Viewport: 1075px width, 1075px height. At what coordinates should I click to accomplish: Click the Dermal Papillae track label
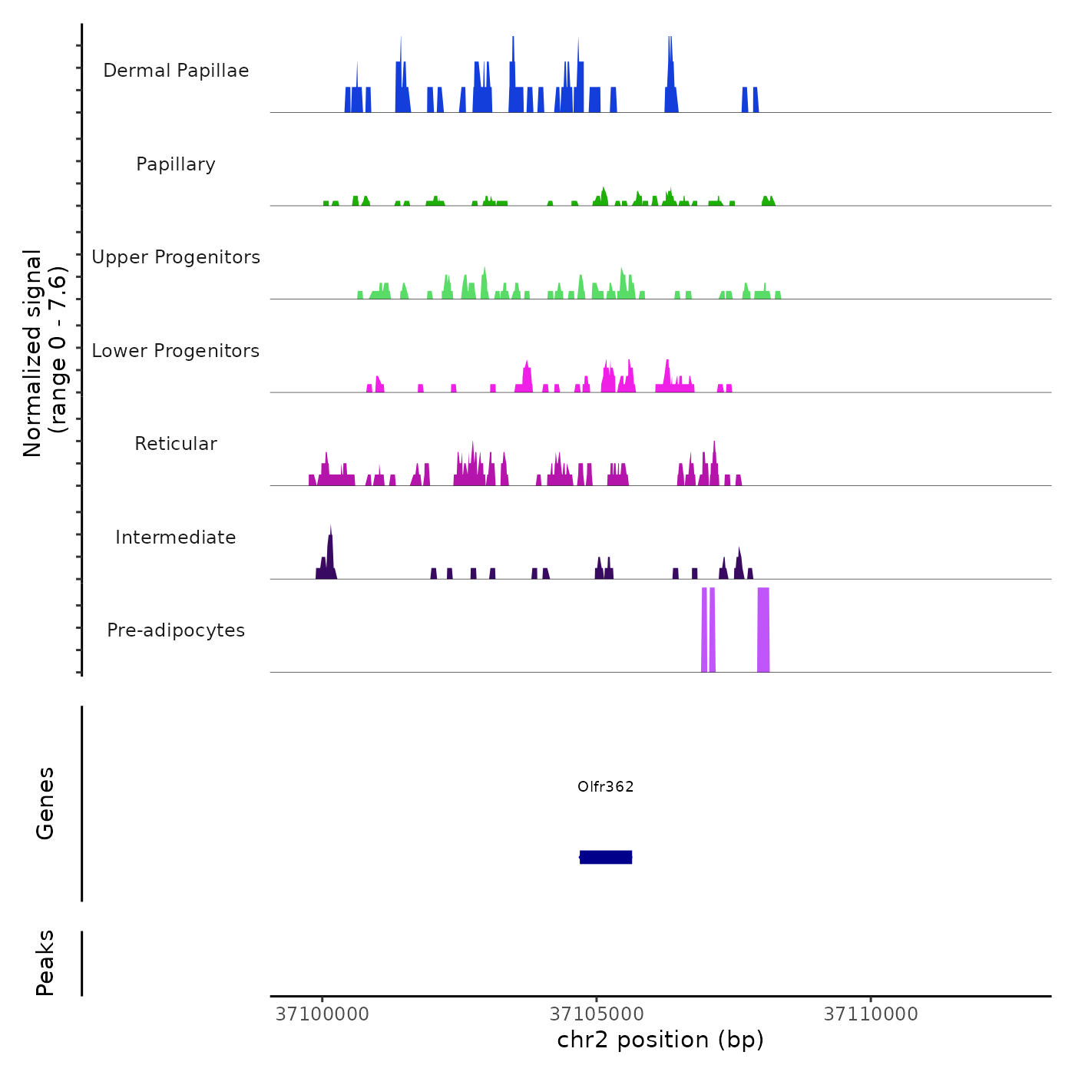coord(176,71)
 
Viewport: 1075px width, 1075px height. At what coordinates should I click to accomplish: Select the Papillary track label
coord(176,164)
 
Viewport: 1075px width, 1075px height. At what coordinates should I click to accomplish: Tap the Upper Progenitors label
coord(176,257)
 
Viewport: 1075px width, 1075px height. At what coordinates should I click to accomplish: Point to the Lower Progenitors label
coord(176,351)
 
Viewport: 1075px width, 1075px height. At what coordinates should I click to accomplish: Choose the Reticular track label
coord(176,444)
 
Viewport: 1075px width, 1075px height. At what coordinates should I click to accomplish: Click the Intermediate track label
coord(176,537)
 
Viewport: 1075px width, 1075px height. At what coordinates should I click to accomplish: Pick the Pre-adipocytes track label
coord(176,630)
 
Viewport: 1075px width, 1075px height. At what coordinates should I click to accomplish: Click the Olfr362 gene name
coord(606,786)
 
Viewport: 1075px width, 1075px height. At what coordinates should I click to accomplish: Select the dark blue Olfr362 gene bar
coord(606,857)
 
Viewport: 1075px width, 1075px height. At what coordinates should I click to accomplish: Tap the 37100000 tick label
coord(322,1014)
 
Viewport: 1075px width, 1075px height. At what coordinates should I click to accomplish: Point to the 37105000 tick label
coord(597,1014)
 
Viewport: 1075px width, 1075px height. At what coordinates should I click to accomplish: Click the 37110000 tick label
coord(871,1014)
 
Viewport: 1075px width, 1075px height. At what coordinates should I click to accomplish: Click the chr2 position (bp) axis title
coord(660,1040)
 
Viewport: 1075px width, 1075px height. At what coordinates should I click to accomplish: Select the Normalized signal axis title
coord(45,353)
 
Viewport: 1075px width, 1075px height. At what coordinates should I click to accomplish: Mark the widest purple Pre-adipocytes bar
coord(763,630)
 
